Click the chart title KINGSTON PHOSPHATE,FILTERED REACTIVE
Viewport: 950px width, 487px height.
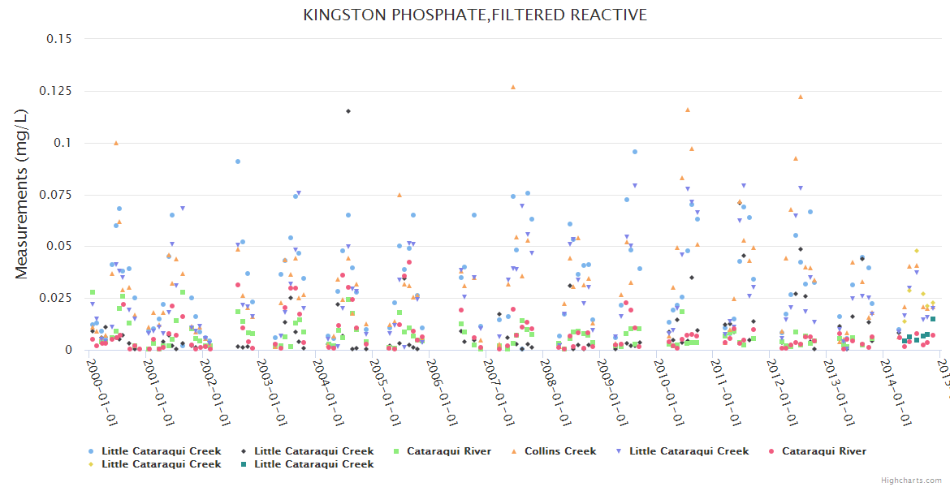coord(475,15)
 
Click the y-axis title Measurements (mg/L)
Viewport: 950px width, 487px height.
coord(22,194)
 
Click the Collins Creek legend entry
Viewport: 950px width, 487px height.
coord(559,451)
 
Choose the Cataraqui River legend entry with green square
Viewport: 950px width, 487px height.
coord(448,451)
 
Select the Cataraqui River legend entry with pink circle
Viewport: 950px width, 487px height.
coord(823,451)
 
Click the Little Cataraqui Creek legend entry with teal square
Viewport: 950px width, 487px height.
coord(313,464)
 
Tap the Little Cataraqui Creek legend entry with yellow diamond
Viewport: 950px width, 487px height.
coord(161,464)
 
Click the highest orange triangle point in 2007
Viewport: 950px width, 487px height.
coord(513,87)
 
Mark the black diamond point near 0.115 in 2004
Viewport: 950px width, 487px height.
coord(348,111)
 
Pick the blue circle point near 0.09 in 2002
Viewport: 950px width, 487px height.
coord(238,162)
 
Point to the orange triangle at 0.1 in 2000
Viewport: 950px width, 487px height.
coord(116,143)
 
